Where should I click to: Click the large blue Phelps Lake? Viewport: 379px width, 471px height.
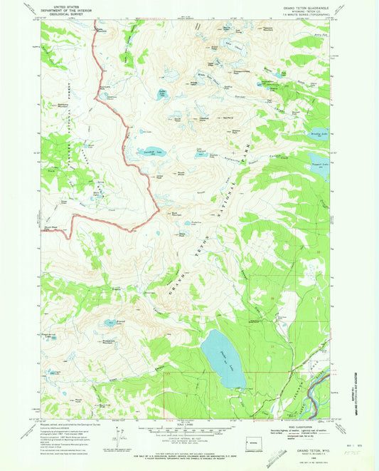(222, 356)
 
